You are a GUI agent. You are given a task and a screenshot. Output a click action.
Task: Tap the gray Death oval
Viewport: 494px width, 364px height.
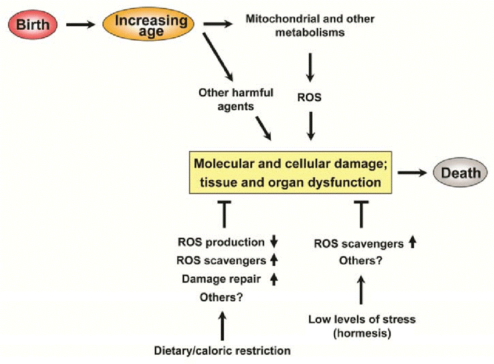461,173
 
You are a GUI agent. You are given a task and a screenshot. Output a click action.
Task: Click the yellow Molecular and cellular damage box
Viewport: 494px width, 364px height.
288,173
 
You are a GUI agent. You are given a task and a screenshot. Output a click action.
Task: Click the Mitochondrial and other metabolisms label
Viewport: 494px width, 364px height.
310,26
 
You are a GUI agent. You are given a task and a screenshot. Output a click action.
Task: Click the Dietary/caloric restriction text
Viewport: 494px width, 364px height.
222,351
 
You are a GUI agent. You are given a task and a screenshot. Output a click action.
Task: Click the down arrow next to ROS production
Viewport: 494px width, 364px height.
275,242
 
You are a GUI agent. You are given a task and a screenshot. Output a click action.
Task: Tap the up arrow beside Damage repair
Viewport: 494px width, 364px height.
275,279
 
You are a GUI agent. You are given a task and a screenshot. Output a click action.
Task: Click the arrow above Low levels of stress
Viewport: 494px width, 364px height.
361,290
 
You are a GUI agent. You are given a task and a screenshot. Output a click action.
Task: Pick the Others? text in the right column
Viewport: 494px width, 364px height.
361,261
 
